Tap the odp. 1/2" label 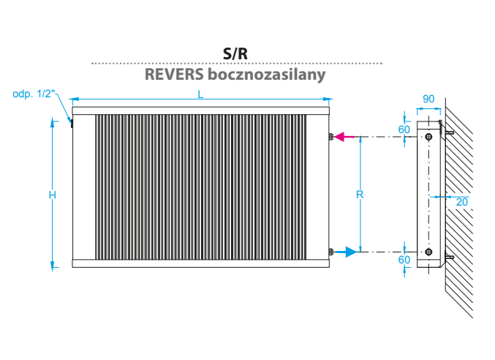[34, 94]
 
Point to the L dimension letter [200, 94]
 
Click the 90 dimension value [429, 99]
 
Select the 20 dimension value [461, 202]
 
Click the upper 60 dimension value [404, 129]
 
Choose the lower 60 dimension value [404, 260]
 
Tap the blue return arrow [350, 252]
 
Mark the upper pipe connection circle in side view [428, 137]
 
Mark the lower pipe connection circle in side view [428, 252]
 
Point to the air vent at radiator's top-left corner [72, 123]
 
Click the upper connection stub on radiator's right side [331, 137]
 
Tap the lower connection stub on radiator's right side [331, 252]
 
